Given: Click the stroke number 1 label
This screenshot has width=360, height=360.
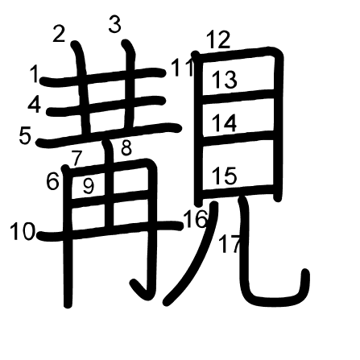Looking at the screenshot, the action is tap(35, 74).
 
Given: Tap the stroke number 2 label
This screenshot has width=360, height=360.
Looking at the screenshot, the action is tap(59, 34).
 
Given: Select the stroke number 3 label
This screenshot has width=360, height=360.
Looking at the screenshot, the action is tap(115, 24).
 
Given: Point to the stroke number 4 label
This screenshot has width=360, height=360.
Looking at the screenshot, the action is tap(35, 105).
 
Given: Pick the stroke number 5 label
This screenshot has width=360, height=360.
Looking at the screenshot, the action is tap(25, 136).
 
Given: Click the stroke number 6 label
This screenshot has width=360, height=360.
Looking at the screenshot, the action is tap(52, 181).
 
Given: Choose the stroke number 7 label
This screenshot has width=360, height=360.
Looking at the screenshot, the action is tap(77, 158).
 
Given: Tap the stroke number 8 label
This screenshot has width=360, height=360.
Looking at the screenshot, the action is tap(126, 148).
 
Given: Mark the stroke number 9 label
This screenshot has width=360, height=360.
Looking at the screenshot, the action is tap(89, 186).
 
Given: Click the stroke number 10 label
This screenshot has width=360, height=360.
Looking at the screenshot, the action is tap(23, 232).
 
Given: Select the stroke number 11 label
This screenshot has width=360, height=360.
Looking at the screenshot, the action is tap(182, 68).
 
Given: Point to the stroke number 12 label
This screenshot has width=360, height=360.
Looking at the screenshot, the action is tap(218, 39).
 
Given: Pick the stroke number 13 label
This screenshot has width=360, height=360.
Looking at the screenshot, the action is tap(225, 80).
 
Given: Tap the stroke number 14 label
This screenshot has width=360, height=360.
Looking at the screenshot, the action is tap(225, 123).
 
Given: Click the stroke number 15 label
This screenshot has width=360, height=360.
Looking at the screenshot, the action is tap(225, 176).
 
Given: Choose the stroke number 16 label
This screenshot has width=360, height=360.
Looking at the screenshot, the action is tap(196, 219).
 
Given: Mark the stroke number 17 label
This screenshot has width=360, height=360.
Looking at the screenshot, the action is tap(230, 244).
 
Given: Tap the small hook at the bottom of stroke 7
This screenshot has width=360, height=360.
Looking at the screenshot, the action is tap(139, 289).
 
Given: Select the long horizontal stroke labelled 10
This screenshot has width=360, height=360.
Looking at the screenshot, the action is tap(110, 229).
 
